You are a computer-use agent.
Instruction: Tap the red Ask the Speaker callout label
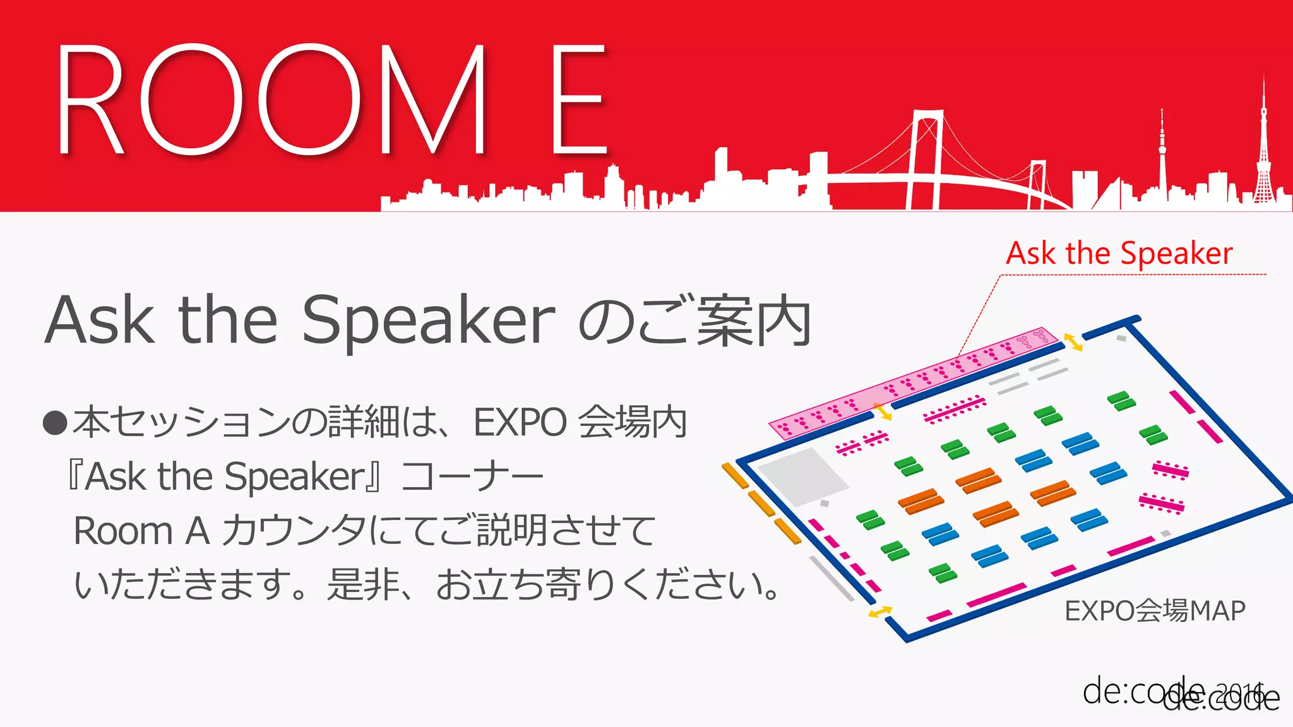pos(1119,254)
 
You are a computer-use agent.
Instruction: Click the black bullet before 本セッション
pos(55,423)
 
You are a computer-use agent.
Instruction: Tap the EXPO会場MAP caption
pos(1155,611)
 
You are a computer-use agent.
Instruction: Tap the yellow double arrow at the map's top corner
pos(1073,342)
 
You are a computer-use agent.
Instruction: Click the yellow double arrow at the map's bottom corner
pos(879,612)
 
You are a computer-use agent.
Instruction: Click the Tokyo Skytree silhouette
pos(1162,158)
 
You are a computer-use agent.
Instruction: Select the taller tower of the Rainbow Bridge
pos(925,158)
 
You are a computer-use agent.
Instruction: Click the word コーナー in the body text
pos(472,476)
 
